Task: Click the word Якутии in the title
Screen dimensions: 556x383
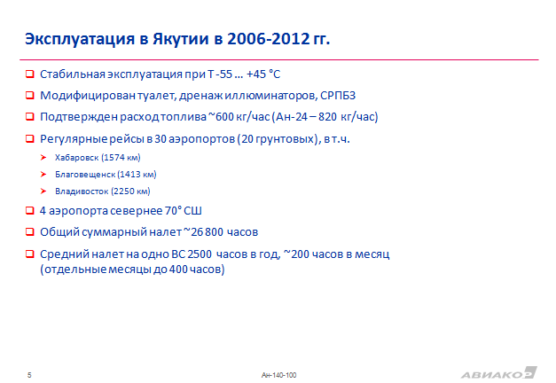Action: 181,39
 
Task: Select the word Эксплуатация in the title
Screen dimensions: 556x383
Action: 80,39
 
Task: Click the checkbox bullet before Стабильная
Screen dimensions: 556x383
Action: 30,74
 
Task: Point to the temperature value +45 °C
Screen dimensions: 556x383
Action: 263,74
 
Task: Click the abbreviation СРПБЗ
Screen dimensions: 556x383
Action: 338,96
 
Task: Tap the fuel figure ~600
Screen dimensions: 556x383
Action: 221,117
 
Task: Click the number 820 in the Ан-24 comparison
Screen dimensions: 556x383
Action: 327,117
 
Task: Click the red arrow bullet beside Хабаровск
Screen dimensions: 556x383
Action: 43,157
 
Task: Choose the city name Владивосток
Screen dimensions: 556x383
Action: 82,191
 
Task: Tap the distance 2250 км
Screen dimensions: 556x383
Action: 131,191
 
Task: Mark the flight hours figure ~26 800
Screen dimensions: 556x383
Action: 203,232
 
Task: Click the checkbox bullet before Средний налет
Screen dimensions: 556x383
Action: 30,254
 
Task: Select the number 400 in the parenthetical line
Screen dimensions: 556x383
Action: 178,270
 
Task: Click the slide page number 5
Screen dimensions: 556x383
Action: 29,375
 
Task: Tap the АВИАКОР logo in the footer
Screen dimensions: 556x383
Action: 499,373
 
